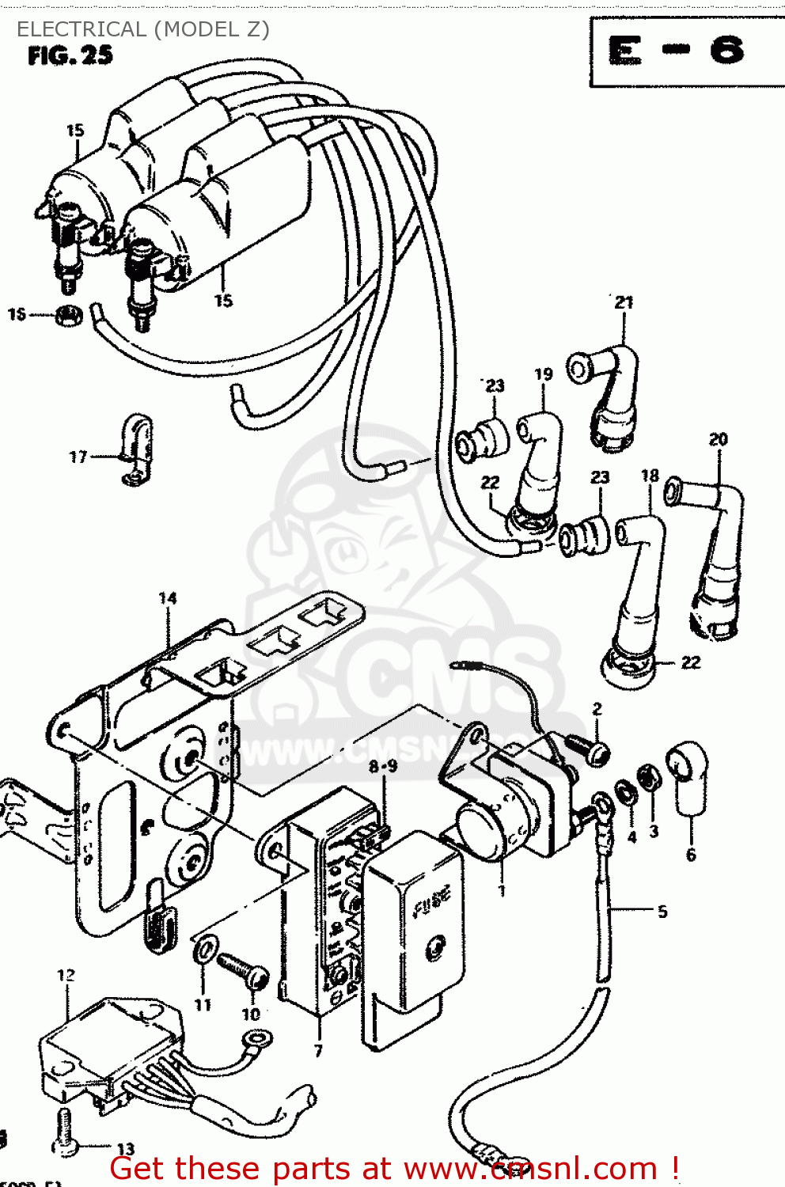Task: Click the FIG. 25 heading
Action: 70,55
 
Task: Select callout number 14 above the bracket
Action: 168,598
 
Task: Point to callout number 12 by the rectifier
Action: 66,975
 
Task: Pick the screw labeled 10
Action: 244,969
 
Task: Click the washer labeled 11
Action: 207,948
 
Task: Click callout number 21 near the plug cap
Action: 624,302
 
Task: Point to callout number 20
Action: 718,439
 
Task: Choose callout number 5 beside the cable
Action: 662,912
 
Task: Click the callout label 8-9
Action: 383,766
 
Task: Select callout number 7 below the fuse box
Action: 318,1051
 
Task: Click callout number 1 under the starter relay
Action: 502,891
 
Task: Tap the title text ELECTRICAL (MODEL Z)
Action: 143,29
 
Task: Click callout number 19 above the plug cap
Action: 543,374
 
